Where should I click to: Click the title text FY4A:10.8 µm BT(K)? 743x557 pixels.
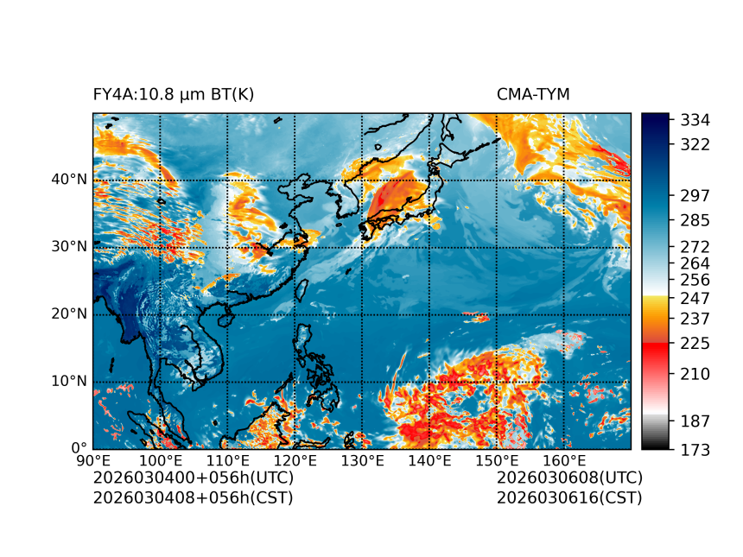pos(174,94)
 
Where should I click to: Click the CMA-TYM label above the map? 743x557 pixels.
pos(533,94)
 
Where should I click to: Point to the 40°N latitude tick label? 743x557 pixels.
pos(70,180)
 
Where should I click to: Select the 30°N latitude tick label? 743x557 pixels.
pos(70,247)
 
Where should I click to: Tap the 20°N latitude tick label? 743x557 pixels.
pos(70,314)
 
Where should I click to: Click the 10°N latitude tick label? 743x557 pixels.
pos(70,382)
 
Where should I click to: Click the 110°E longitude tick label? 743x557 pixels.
pos(227,460)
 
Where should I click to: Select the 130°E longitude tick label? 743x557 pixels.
pos(362,460)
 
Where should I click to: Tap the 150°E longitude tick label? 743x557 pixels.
pos(496,460)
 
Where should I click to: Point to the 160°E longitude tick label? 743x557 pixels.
pos(563,460)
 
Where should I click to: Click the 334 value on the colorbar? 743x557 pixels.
pos(695,119)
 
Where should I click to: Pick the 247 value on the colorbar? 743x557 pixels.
pos(695,298)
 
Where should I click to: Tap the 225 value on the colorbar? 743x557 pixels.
pos(695,344)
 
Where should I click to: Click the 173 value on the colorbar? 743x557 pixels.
pos(695,449)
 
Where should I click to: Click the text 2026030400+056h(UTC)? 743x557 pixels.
pos(194,478)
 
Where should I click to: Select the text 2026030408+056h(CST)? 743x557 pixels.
pos(194,497)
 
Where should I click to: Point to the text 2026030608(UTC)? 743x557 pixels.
pos(569,478)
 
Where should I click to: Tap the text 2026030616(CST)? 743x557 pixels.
pos(569,497)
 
